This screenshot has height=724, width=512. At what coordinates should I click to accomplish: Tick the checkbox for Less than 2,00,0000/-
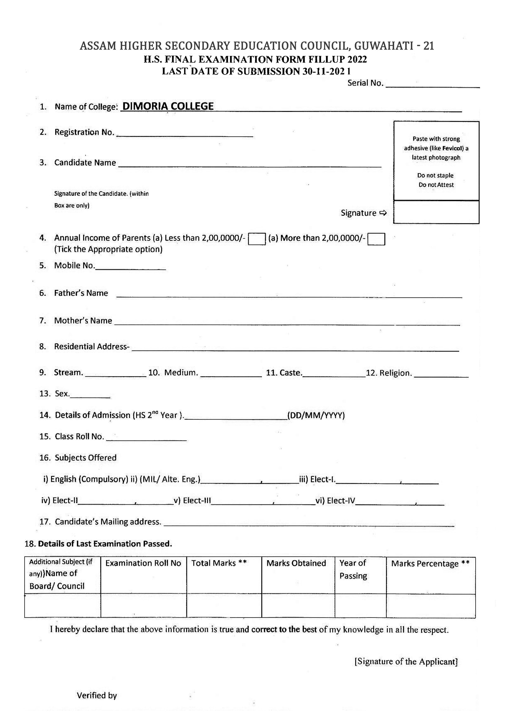[x=257, y=239]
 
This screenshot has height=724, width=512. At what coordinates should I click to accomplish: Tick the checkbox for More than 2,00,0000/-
[x=376, y=239]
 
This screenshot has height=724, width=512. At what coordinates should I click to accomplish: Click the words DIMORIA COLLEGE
[x=168, y=106]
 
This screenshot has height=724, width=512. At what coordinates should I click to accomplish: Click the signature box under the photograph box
[x=436, y=212]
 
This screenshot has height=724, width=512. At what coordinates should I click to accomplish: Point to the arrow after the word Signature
[x=383, y=213]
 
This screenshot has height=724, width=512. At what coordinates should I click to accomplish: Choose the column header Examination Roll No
[x=143, y=563]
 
